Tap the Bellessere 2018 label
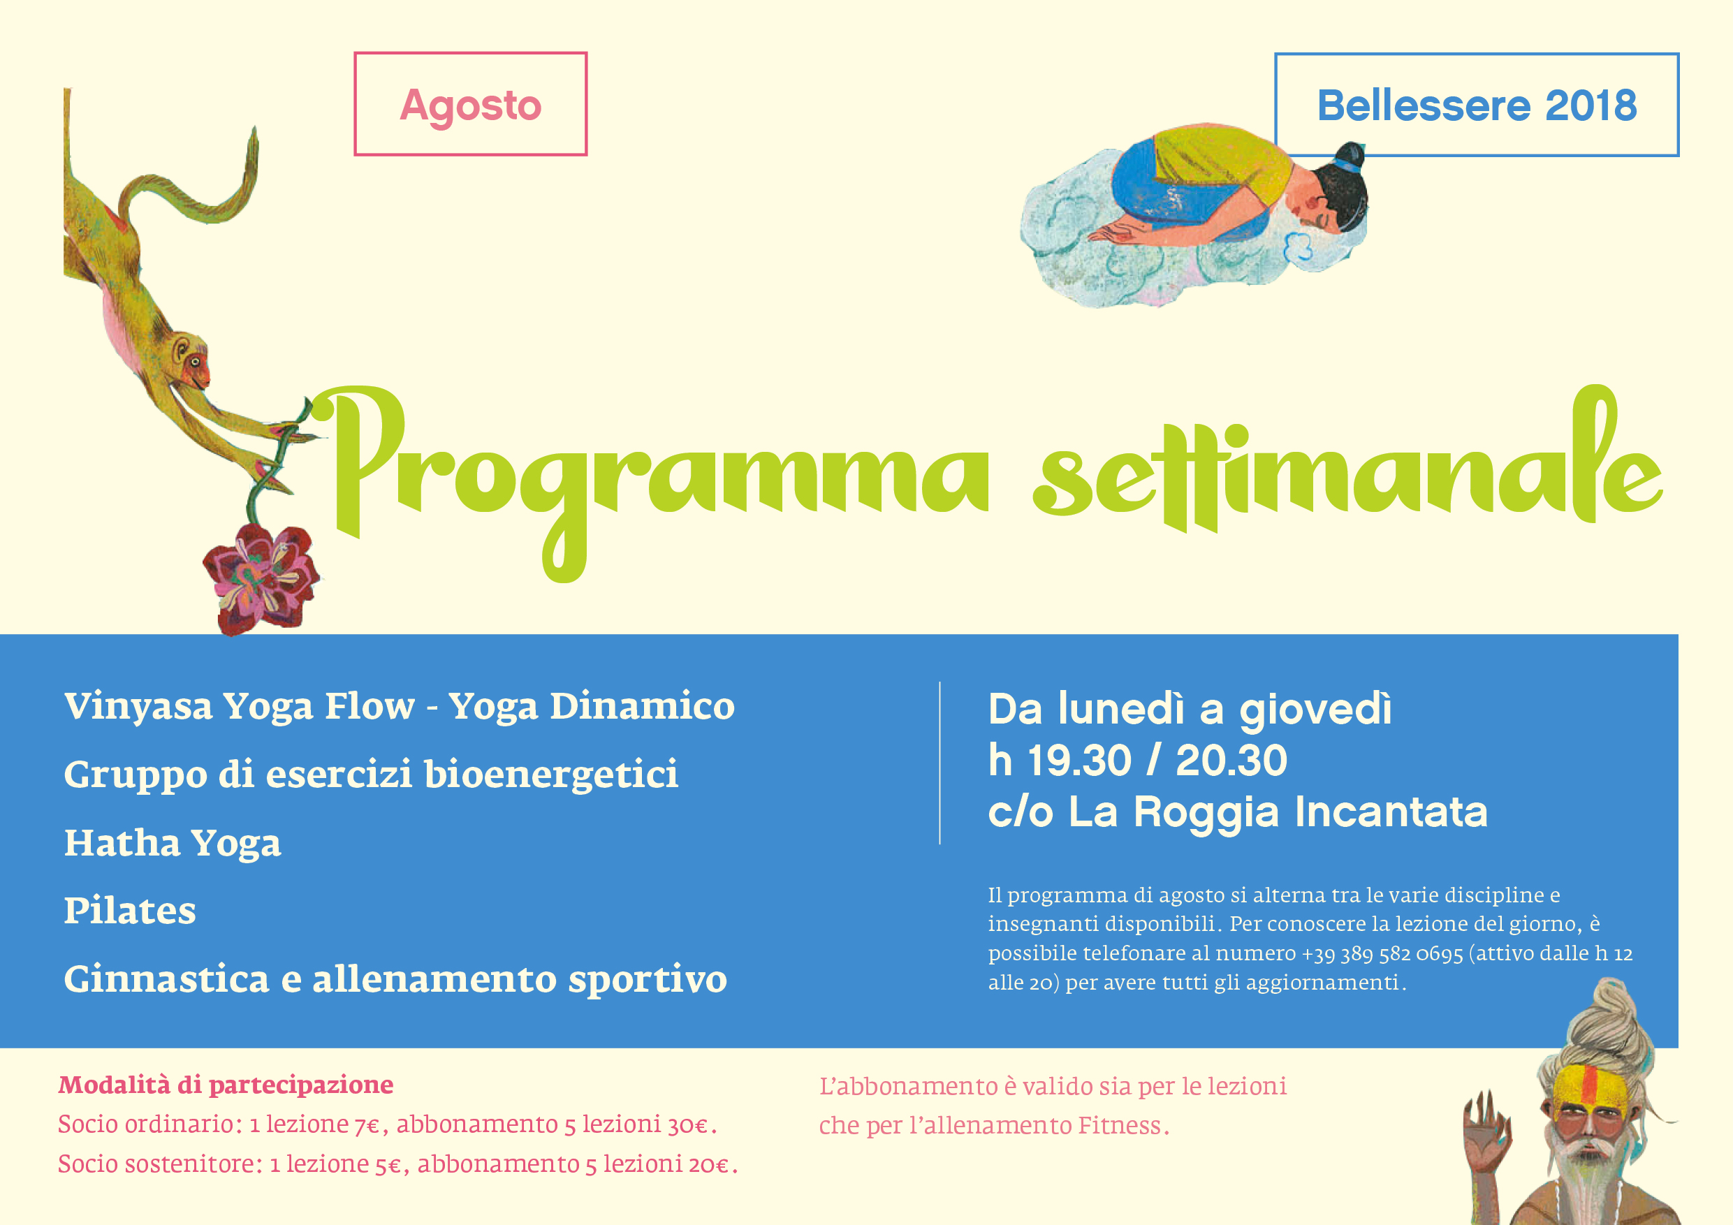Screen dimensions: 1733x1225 click(1477, 105)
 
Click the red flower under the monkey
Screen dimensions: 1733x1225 click(261, 578)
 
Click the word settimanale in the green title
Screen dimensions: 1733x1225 click(1347, 460)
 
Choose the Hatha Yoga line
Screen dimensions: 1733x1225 click(172, 843)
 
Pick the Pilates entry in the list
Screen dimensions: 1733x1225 click(130, 910)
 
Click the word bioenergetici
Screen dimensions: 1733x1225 click(551, 774)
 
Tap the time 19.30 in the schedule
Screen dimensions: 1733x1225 click(1079, 760)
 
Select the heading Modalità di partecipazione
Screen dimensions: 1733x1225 click(226, 1085)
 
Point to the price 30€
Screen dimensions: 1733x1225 click(687, 1125)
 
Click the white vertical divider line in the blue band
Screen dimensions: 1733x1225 click(939, 763)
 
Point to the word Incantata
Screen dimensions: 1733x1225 click(1391, 812)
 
